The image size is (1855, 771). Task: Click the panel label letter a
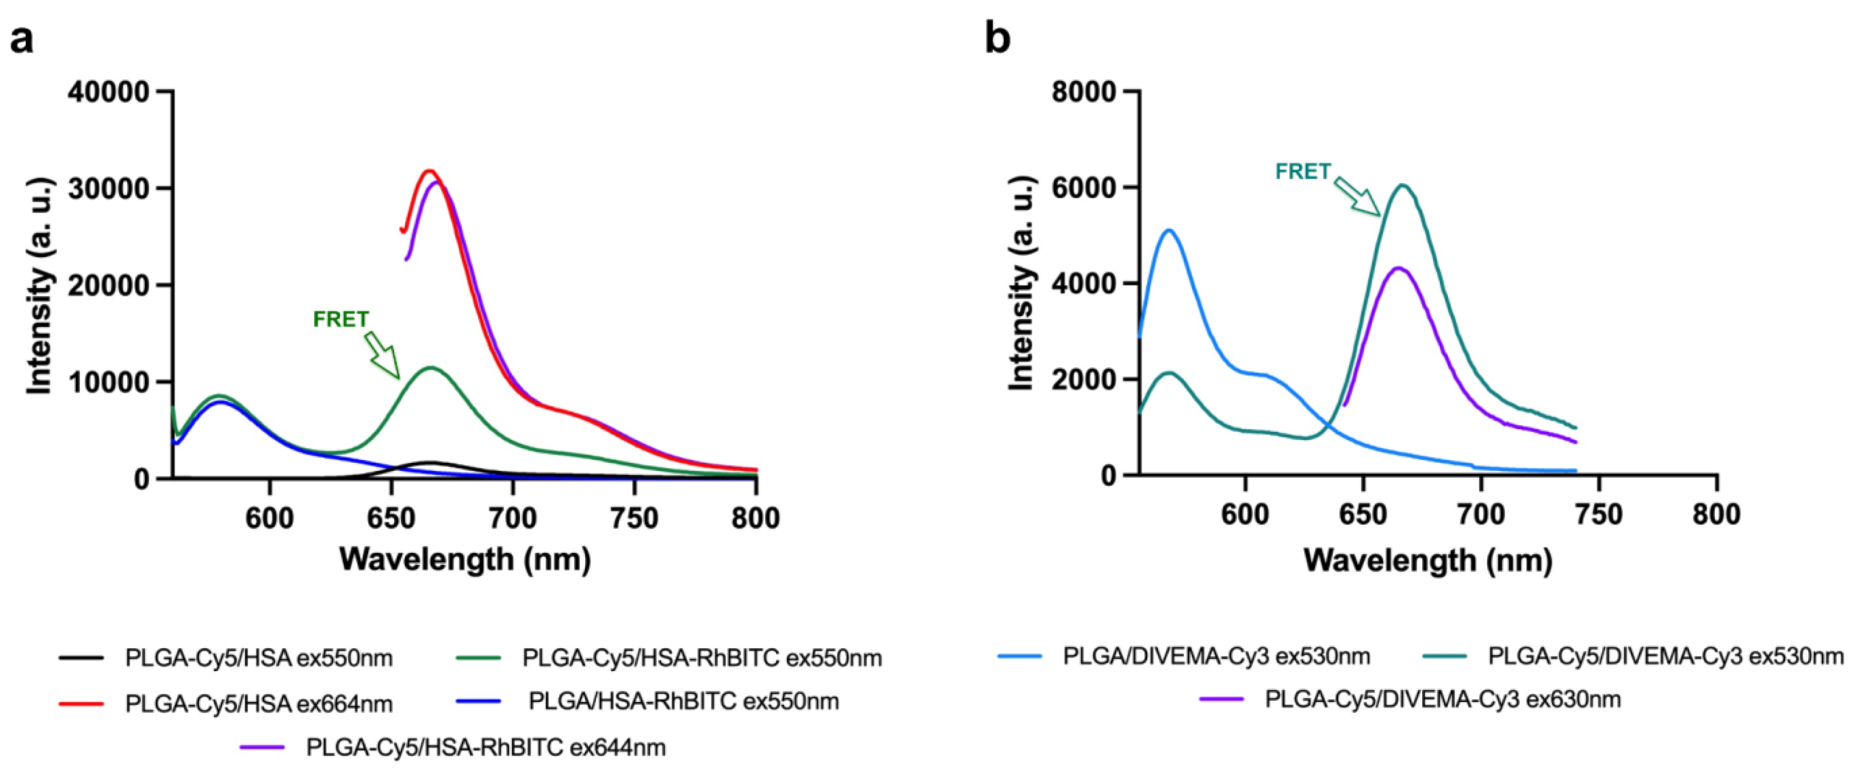tap(22, 39)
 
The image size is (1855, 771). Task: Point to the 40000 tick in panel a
tap(108, 92)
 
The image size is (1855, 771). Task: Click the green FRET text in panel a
tap(340, 319)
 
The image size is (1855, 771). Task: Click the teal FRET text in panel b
tap(1302, 172)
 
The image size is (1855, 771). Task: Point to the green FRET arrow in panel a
tap(381, 354)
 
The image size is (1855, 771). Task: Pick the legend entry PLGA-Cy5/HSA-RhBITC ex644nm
tap(485, 747)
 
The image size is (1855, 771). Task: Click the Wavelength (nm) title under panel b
tap(1427, 560)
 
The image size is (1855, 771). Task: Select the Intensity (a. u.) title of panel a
tap(39, 285)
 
